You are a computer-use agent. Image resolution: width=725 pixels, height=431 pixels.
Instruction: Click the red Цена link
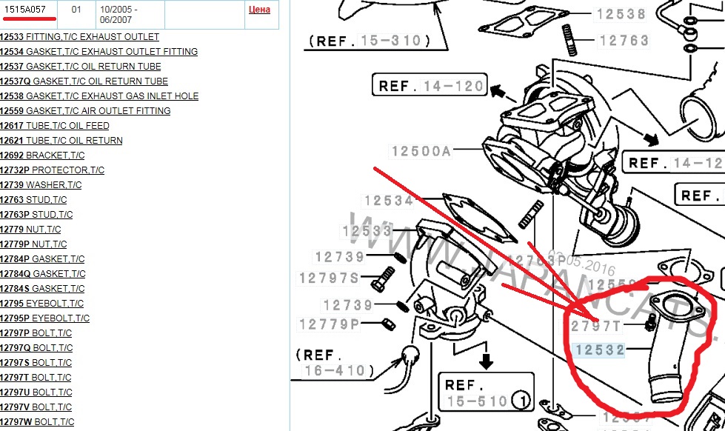click(259, 10)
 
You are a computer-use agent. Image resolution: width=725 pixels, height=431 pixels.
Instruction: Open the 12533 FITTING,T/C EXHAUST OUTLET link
click(79, 36)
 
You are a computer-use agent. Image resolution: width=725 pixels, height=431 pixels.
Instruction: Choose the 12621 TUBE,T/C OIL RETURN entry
click(61, 140)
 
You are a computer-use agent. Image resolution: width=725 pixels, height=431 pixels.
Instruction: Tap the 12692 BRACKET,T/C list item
click(42, 155)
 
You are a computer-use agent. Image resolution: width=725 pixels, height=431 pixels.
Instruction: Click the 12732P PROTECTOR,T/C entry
click(52, 170)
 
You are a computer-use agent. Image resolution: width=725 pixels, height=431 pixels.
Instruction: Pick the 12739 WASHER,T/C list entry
click(41, 184)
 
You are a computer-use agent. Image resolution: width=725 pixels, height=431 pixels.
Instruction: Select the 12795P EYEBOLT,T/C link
click(45, 318)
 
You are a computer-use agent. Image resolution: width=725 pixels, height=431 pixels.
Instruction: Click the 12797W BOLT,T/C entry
click(37, 421)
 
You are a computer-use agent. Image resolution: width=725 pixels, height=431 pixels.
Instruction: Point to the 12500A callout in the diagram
click(421, 152)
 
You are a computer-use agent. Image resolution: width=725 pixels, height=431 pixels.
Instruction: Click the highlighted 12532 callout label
click(600, 349)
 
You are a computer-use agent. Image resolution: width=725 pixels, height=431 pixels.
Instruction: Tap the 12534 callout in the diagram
click(388, 201)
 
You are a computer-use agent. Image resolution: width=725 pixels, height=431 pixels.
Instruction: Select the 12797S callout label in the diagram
click(329, 278)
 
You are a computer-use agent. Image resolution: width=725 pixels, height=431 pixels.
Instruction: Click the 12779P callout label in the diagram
click(329, 324)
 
